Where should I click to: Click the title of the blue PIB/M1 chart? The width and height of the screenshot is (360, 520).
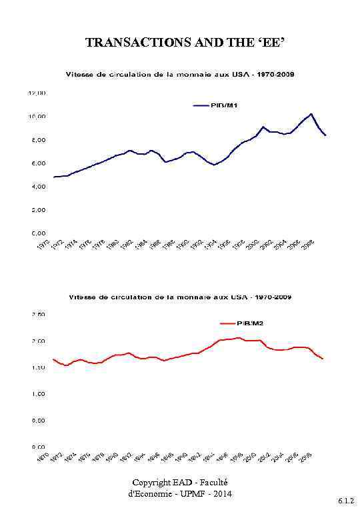pos(179,75)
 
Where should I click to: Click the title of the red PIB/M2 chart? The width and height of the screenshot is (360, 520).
pos(179,297)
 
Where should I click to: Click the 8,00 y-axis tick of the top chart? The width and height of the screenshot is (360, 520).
pos(38,140)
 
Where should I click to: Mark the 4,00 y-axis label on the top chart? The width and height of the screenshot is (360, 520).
pos(38,187)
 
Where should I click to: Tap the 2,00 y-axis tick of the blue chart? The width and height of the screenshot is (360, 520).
pos(38,210)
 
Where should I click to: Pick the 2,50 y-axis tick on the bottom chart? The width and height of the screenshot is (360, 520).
pos(38,315)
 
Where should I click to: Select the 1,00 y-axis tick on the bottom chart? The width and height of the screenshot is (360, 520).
pos(38,394)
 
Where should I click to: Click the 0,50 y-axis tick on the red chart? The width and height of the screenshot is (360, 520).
pos(38,421)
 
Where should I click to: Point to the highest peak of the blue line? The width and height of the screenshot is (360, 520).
pos(311,114)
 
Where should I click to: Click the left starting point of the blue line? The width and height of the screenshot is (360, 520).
pos(54,177)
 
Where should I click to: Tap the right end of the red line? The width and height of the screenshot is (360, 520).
pos(323,359)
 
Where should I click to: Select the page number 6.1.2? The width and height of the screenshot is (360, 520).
pos(346,499)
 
